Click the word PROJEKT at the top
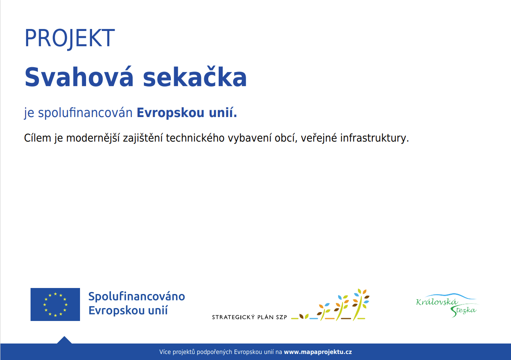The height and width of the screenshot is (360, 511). coord(70,38)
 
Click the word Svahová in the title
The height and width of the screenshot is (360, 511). coord(79,76)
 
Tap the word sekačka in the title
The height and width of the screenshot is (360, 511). coord(195,76)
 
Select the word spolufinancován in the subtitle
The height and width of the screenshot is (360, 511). coord(85,113)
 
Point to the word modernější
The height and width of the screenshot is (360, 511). coord(93,138)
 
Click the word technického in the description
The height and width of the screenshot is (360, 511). coord(195,138)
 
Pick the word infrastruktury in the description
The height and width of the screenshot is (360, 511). coord(374,138)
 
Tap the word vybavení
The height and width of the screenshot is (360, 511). coord(250,138)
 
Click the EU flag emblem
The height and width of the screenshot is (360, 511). coord(55,304)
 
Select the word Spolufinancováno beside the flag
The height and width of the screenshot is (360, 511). coord(137,296)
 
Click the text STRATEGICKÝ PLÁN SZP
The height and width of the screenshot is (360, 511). coord(249,317)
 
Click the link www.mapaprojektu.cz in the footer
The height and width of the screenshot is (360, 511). coord(318,352)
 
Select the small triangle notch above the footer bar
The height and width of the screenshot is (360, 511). coord(64,340)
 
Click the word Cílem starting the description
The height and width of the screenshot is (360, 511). coord(37,138)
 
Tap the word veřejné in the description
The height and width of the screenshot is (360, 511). coord(319,138)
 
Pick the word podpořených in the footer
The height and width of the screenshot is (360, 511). coord(214,352)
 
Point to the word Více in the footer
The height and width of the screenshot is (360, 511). coord(165,352)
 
